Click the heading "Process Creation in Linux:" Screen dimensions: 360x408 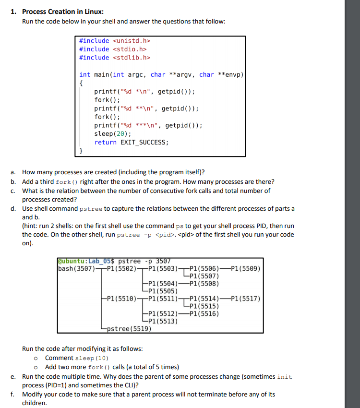63,12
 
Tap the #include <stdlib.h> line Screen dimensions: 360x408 115,58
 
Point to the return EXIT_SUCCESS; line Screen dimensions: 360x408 132,143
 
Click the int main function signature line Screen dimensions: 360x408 161,74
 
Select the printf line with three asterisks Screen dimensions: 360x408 148,126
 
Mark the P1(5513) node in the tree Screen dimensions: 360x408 164,321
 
